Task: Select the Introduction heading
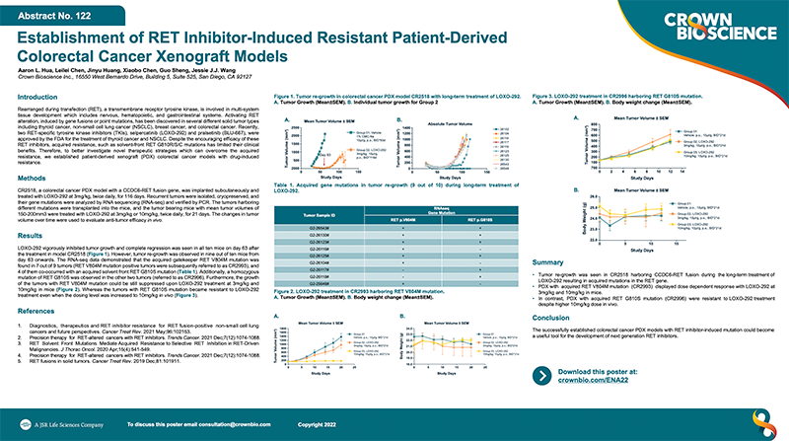pyautogui.click(x=44, y=97)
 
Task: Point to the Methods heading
pyautogui.click(x=36, y=179)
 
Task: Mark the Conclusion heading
pyautogui.click(x=552, y=318)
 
